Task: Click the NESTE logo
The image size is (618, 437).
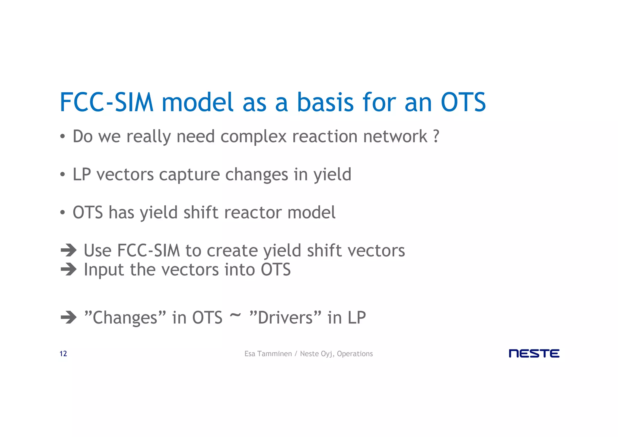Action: tap(534, 353)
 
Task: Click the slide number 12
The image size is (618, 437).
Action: tap(63, 354)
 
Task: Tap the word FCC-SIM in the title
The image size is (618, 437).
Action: tap(107, 102)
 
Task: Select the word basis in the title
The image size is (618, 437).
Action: tap(325, 102)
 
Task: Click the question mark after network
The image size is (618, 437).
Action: tap(436, 136)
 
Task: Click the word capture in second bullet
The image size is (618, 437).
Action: tap(192, 175)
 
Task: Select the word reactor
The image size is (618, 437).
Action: tap(253, 212)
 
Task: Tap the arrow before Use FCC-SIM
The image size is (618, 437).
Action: tap(69, 250)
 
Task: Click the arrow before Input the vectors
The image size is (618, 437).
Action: tap(69, 269)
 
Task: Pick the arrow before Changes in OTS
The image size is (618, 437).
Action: tap(69, 317)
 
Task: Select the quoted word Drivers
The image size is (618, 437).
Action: tap(285, 317)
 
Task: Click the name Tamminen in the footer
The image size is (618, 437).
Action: tap(274, 354)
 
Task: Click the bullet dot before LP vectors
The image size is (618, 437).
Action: tap(62, 175)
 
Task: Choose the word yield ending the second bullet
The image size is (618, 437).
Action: tap(332, 175)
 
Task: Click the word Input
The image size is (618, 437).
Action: tap(104, 270)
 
